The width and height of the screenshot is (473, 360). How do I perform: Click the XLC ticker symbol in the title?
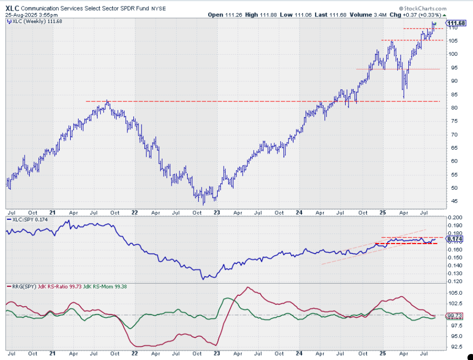coord(14,8)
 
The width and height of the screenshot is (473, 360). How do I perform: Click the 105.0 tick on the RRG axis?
coord(454,293)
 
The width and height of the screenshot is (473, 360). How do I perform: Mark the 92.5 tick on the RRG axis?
coord(454,347)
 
